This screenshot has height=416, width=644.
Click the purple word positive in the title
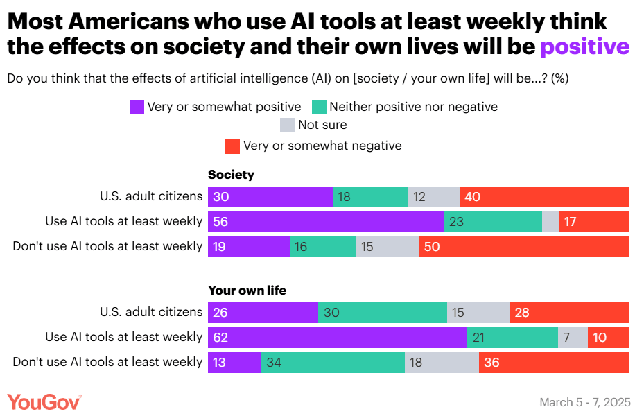tap(584, 46)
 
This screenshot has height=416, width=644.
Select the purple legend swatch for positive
tap(137, 107)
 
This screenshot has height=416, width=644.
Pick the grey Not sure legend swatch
tap(287, 125)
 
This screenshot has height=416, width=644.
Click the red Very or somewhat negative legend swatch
tap(232, 146)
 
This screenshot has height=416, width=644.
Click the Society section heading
tap(231, 175)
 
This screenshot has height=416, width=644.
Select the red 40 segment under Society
tap(544, 197)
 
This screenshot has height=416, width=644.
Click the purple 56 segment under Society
tap(326, 222)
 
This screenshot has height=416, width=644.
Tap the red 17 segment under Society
tap(594, 222)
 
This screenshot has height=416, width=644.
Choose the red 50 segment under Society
tap(524, 247)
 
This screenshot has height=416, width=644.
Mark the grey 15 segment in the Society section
tap(388, 247)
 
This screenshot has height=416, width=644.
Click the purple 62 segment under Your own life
tap(338, 338)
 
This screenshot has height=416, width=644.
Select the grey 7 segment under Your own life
tap(573, 338)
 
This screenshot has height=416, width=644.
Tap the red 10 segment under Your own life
tap(609, 338)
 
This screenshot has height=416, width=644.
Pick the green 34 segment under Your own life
tap(333, 363)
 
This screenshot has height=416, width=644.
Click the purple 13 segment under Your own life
tap(234, 363)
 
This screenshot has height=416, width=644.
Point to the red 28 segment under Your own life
tap(569, 313)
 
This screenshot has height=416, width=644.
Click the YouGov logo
tap(44, 401)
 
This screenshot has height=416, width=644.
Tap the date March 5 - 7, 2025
tap(584, 402)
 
